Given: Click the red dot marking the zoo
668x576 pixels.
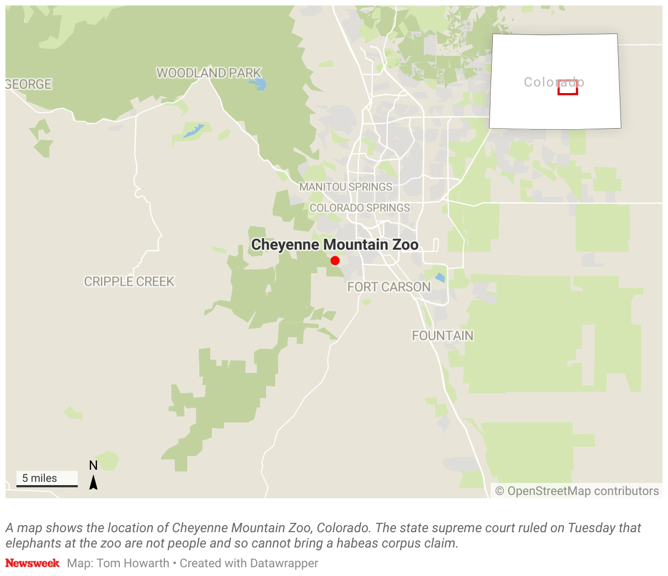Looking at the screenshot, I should pyautogui.click(x=335, y=261).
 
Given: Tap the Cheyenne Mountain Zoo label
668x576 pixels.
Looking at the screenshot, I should pyautogui.click(x=335, y=245).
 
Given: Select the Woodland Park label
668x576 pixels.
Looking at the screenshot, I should pyautogui.click(x=209, y=73).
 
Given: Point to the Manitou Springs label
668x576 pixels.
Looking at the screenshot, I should pyautogui.click(x=345, y=187).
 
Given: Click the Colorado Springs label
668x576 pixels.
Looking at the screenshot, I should pyautogui.click(x=360, y=208).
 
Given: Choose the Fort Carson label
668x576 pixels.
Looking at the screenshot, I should pyautogui.click(x=389, y=287).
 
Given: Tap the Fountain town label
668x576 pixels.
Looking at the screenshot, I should pyautogui.click(x=442, y=336).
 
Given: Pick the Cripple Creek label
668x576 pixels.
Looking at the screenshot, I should pyautogui.click(x=129, y=281).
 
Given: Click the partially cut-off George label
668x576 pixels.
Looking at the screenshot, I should pyautogui.click(x=28, y=84).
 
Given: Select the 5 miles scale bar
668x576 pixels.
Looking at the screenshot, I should pyautogui.click(x=47, y=480).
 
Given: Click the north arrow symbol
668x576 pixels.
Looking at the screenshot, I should pyautogui.click(x=94, y=482).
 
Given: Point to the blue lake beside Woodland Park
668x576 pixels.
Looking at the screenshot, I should pyautogui.click(x=258, y=84).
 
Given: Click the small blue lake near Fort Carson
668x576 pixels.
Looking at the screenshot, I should pyautogui.click(x=440, y=278).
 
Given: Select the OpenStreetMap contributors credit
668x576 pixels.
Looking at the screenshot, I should pyautogui.click(x=577, y=491).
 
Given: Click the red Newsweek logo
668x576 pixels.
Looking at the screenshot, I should pyautogui.click(x=32, y=563).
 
